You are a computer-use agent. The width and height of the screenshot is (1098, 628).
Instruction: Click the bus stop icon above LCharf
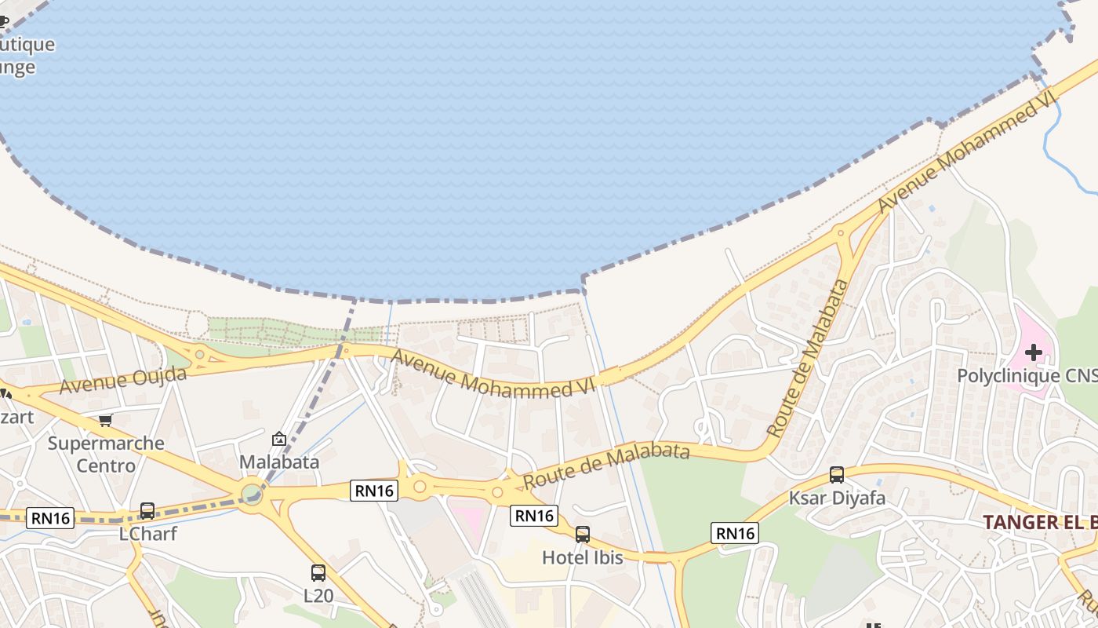pos(147,511)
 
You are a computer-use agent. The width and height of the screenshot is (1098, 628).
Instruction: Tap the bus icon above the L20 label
pos(318,573)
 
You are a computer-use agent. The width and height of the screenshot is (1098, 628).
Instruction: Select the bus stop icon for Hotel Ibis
pos(582,535)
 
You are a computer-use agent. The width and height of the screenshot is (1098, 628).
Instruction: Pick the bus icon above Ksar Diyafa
pos(837,475)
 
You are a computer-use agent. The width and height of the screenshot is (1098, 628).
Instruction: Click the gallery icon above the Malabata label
pos(278,440)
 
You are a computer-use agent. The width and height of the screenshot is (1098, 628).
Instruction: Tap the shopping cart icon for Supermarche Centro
pos(106,421)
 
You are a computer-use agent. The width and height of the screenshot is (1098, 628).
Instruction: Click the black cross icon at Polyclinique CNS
pos(1034,352)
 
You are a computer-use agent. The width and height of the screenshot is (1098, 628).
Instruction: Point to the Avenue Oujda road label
pos(123,380)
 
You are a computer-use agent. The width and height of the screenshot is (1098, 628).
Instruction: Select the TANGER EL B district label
pos(1039,522)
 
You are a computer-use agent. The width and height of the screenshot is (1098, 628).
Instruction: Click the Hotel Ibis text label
pos(583,557)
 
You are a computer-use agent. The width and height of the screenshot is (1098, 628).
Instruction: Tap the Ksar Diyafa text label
pos(837,498)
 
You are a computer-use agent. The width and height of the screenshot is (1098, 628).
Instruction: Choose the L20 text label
pos(318,596)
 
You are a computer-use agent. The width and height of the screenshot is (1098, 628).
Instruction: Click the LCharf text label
pos(147,534)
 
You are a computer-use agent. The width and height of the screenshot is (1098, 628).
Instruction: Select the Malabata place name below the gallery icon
pos(279,462)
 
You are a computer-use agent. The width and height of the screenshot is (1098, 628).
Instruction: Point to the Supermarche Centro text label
pos(106,454)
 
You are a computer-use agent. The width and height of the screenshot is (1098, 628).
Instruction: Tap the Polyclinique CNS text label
pos(1027,375)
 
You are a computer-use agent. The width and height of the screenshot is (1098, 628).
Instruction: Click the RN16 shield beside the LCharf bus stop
pos(50,518)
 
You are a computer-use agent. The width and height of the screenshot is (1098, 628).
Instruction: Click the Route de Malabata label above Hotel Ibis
pos(606,466)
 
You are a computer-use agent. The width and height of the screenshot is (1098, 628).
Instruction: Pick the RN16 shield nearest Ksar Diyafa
pos(734,534)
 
